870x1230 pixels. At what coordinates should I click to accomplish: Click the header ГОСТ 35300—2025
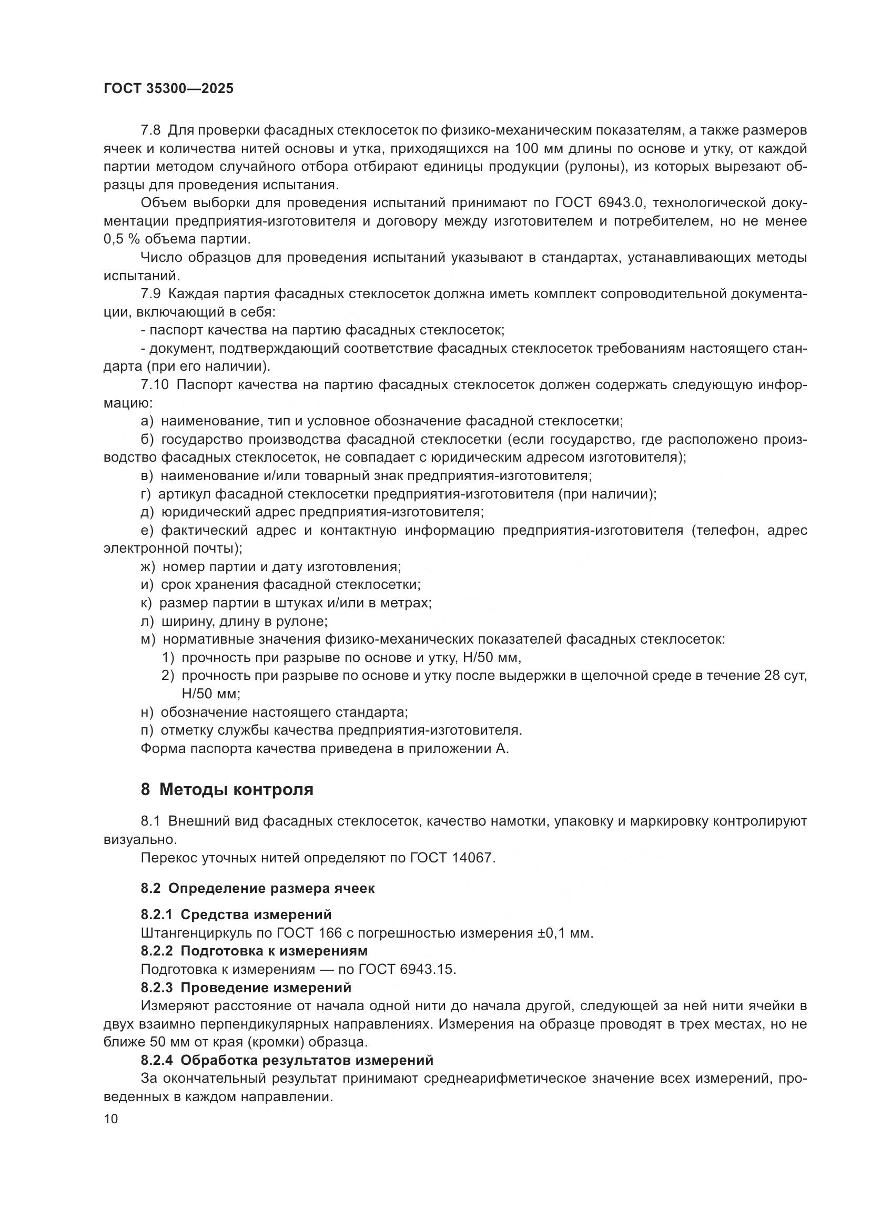[x=168, y=89]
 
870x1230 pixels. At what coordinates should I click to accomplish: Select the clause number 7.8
[x=150, y=130]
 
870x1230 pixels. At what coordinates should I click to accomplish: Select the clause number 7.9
[x=150, y=293]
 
